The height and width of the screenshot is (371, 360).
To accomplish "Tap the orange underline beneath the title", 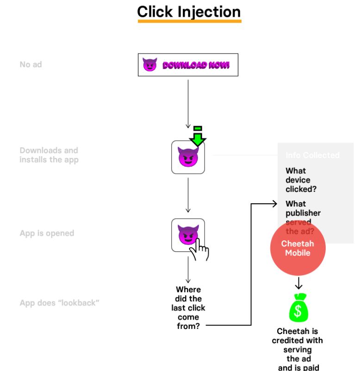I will [189, 21].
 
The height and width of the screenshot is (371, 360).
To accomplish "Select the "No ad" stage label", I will [31, 64].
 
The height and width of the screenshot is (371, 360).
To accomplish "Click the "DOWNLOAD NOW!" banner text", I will [196, 65].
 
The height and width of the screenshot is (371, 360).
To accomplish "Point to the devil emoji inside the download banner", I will [149, 65].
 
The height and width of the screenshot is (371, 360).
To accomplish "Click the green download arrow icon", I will [198, 136].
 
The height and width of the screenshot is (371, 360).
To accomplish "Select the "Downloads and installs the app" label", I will [49, 155].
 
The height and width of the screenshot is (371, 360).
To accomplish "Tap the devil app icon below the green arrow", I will [188, 158].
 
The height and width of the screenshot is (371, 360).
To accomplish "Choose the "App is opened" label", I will [47, 233].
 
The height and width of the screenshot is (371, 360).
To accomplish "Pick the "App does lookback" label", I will [59, 303].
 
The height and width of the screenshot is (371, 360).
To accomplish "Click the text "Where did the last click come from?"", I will [188, 308].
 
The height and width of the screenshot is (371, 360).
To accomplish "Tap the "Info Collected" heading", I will [312, 155].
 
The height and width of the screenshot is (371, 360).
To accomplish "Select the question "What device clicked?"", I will [298, 180].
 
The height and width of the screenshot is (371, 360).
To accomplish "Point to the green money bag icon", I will [298, 308].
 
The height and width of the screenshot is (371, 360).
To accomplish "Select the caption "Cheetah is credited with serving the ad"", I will [298, 345].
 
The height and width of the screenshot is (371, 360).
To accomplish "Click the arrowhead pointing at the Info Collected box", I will [275, 203].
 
